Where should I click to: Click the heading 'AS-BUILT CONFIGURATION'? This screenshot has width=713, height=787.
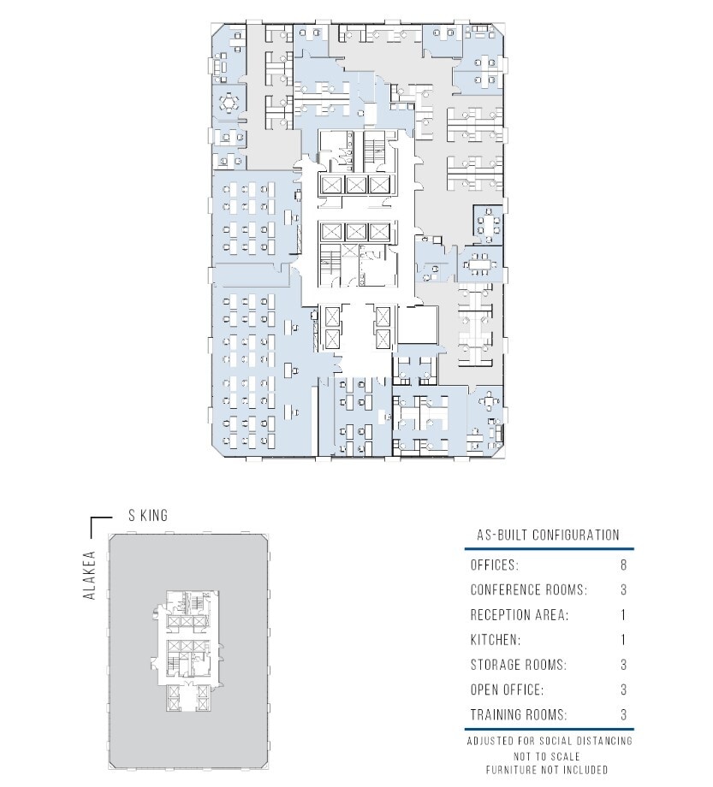coord(548,536)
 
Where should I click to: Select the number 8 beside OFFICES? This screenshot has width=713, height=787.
coord(622,565)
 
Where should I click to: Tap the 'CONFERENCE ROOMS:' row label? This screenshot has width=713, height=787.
coord(528,590)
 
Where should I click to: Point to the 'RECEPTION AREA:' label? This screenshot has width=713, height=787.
coord(520,615)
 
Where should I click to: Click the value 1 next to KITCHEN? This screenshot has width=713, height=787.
coord(622,640)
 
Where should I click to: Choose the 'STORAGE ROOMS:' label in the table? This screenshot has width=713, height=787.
coord(518,665)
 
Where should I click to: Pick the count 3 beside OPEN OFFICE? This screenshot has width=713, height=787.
coord(622,689)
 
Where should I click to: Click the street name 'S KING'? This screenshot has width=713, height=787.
coord(147,515)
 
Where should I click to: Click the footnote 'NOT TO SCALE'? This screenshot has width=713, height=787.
coord(548,756)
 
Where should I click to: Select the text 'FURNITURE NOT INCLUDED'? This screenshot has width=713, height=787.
coord(548,770)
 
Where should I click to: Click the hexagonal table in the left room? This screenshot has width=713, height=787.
coord(229,104)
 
